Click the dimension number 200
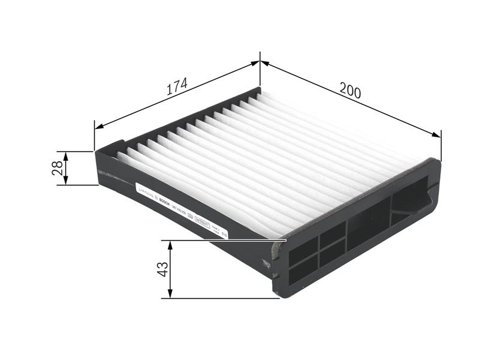point(350,91)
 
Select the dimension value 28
point(58,168)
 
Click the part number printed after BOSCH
point(178,209)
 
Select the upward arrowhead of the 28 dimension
point(66,155)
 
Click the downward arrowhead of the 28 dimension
point(66,181)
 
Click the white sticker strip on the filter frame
point(180,209)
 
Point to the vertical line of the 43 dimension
point(170,269)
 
